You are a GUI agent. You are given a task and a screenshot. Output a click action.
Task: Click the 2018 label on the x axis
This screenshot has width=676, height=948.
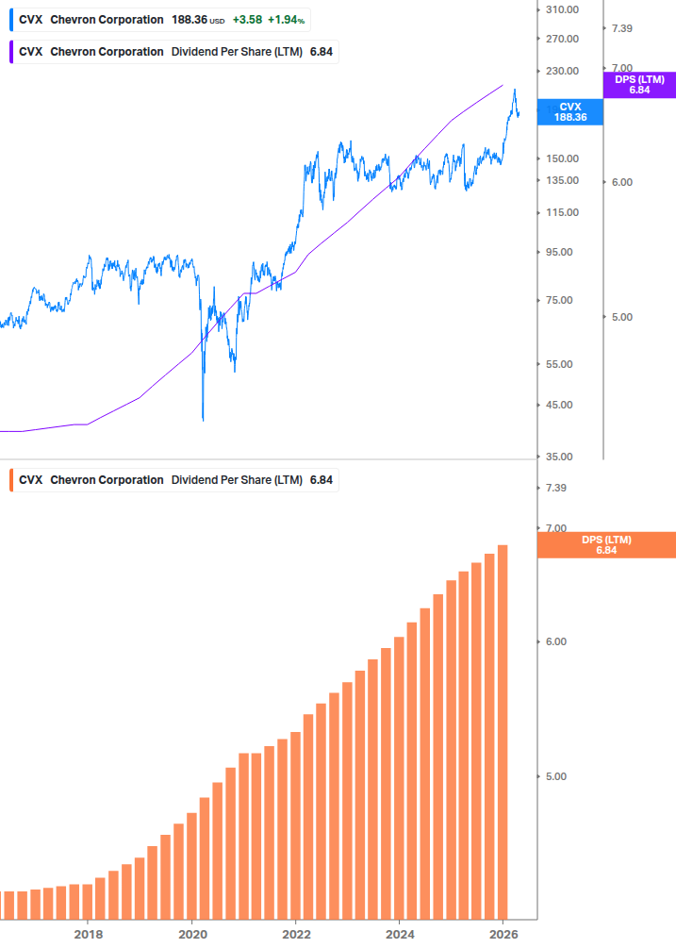click(x=88, y=934)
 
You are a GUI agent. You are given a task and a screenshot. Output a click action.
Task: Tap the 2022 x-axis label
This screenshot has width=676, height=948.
click(x=296, y=934)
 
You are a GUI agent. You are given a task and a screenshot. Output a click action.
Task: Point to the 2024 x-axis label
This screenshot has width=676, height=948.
click(x=400, y=934)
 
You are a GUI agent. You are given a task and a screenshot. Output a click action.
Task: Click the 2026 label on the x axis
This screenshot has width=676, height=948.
click(x=503, y=934)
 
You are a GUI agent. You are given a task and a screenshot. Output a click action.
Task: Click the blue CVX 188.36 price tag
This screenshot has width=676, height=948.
click(x=570, y=112)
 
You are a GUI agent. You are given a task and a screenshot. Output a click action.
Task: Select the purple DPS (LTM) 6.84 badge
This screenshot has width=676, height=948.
click(x=639, y=85)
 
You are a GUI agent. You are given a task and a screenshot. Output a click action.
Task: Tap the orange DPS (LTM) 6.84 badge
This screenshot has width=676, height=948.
click(x=605, y=544)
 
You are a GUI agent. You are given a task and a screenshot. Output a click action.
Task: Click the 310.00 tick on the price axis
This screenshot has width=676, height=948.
click(x=562, y=9)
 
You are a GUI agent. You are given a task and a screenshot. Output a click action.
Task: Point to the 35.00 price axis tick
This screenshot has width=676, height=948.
click(x=559, y=457)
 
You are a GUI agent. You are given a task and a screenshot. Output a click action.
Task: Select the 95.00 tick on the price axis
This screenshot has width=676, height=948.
click(x=559, y=252)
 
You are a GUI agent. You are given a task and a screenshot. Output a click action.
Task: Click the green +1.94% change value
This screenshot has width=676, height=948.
click(x=287, y=20)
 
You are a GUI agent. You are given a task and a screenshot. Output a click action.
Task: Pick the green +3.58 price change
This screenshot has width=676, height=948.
click(x=248, y=20)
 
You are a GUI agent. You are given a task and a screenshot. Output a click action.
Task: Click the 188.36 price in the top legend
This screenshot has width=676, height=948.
click(x=189, y=20)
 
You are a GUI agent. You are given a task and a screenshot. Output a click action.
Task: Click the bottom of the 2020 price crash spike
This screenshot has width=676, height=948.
click(x=203, y=420)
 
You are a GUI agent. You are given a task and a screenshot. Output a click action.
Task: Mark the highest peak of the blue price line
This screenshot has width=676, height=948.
click(x=514, y=90)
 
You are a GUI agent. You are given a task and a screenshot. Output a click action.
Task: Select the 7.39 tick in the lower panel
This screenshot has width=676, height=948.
click(x=555, y=488)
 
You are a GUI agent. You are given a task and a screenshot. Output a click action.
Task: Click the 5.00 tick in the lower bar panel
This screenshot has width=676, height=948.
click(x=555, y=776)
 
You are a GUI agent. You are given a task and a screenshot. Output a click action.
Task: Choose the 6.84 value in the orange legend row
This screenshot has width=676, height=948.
click(x=322, y=480)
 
